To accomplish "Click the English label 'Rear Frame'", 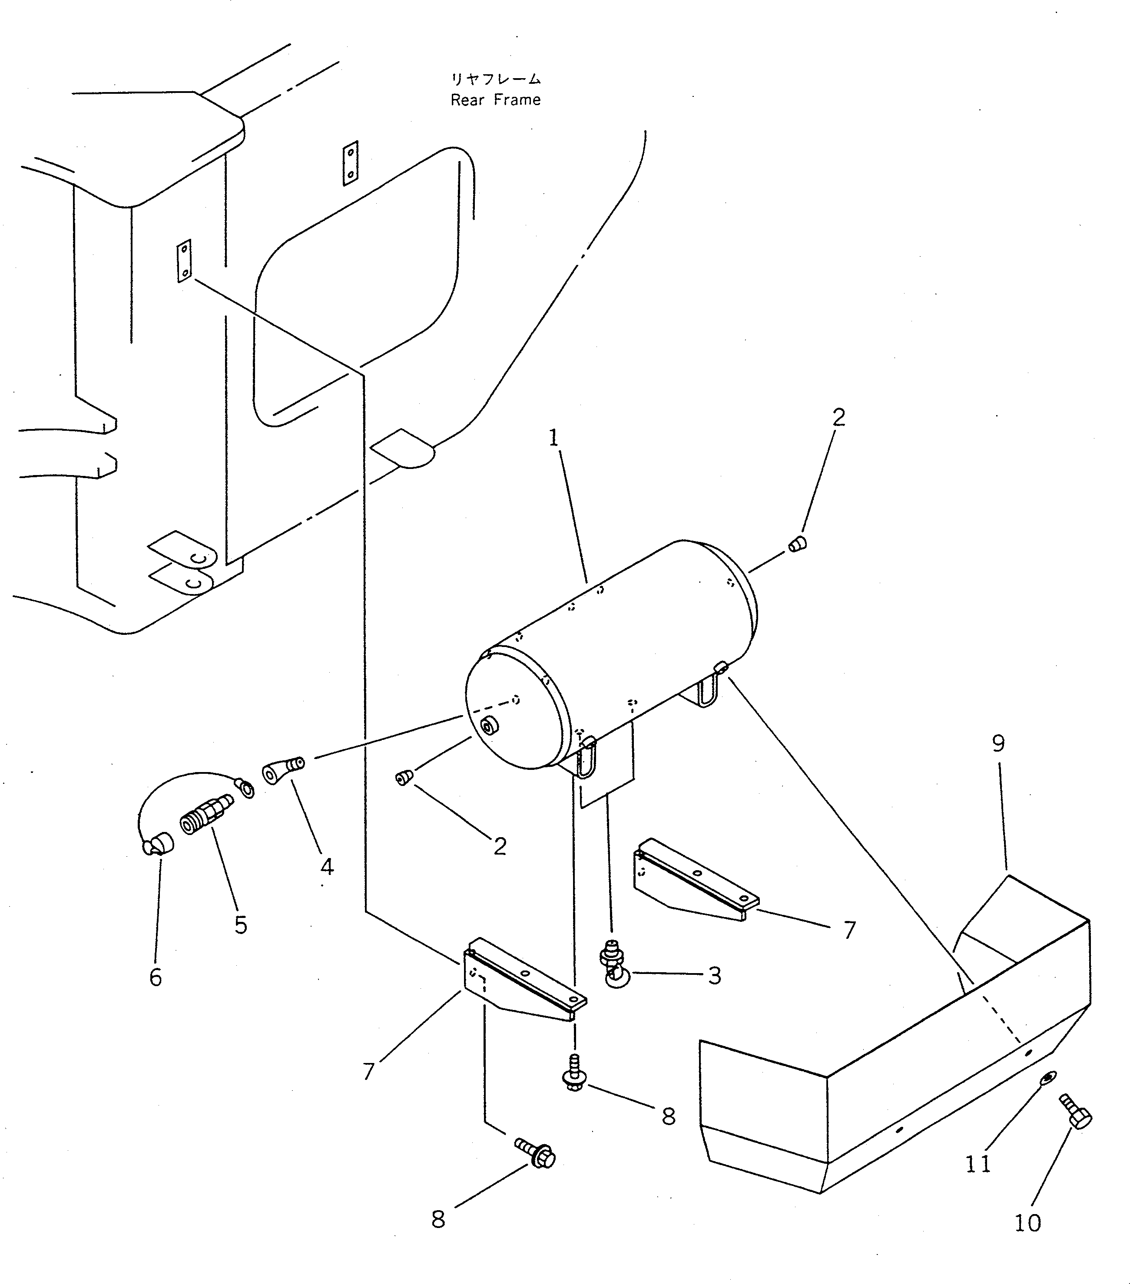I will pos(495,100).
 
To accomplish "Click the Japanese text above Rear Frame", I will pos(495,79).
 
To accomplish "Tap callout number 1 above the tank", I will pos(553,438).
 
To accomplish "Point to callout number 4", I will pos(327,867).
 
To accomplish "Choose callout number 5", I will pos(241,925).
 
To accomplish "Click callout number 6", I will pos(155,977).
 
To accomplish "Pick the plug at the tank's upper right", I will pos(797,544).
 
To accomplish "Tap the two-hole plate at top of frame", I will pos(350,163).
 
